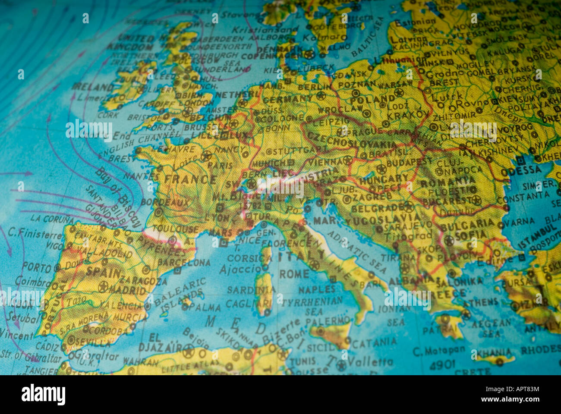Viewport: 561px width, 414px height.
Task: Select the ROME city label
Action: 294,274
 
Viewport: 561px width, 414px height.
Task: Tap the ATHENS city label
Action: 483,303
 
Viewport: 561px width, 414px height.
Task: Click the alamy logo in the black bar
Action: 43,395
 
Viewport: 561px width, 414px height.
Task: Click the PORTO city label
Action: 37,267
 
